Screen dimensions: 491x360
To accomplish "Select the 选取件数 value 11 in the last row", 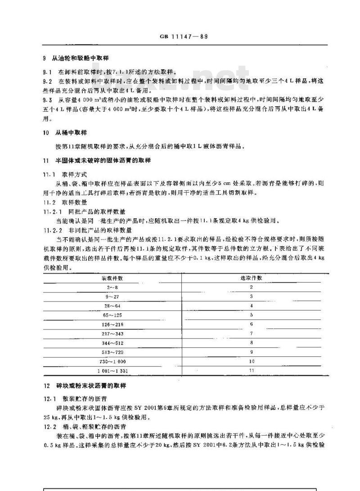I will [x=252, y=371].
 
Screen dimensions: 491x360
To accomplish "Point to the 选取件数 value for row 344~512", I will [x=252, y=343].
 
